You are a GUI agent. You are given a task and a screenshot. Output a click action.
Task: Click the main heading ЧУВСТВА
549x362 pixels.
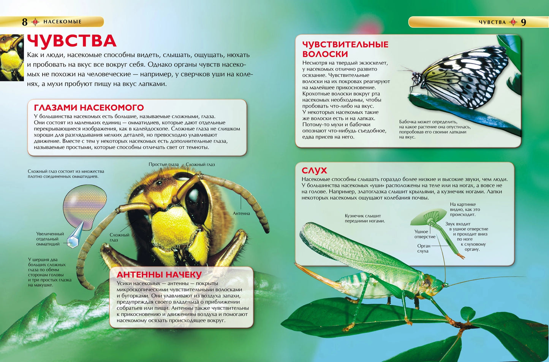[71, 41]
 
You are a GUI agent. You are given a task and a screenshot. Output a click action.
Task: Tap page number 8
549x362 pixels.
[25, 22]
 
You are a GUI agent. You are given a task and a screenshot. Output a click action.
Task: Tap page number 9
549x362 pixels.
[523, 22]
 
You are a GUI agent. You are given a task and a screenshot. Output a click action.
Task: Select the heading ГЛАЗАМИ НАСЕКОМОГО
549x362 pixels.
[89, 108]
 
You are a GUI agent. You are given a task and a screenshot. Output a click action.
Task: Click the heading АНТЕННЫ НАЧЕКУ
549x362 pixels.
[159, 275]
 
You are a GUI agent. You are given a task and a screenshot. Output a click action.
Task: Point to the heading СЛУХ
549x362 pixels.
[314, 170]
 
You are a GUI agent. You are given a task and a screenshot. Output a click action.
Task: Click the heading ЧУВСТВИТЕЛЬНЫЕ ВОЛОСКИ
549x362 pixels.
[345, 49]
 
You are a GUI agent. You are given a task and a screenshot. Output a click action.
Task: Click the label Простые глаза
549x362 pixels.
[163, 165]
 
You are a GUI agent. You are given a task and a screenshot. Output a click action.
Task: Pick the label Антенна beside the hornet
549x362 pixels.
[241, 213]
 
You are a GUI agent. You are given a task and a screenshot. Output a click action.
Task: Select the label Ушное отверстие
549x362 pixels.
[424, 234]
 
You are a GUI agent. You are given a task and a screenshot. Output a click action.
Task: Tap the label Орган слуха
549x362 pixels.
[423, 248]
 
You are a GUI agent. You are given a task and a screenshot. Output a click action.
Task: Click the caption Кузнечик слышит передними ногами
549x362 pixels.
[364, 218]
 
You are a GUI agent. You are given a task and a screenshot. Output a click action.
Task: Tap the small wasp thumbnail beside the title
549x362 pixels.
[11, 57]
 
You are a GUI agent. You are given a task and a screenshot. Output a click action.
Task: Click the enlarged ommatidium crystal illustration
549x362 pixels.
[76, 237]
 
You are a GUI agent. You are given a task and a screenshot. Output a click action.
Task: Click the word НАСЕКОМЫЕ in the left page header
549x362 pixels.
[62, 22]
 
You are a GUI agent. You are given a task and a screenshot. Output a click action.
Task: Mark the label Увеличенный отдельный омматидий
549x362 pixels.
[50, 239]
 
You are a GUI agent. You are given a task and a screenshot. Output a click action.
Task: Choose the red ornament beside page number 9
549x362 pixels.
[513, 22]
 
